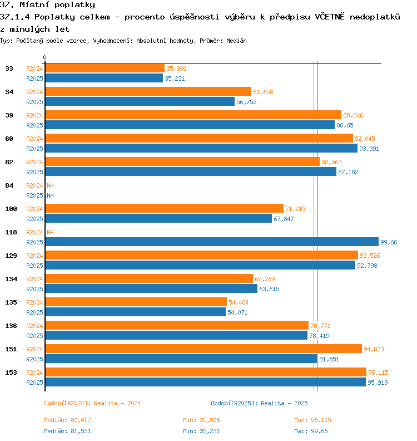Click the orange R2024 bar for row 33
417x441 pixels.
coord(105,68)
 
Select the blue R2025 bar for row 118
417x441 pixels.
coord(212,242)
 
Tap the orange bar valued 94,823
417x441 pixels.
coord(203,349)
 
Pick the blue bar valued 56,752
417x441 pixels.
coord(140,101)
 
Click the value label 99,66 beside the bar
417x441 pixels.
coord(389,242)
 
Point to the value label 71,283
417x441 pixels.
coord(295,209)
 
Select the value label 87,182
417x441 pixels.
coord(348,172)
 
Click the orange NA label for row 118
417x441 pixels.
coord(50,232)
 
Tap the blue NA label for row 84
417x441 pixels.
coord(50,195)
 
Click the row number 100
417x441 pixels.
coord(11,209)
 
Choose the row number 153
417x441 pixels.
coord(11,373)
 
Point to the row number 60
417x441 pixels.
coord(9,139)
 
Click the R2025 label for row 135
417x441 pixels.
coord(34,312)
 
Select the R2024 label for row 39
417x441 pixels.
coord(34,115)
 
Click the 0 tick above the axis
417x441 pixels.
coord(44,57)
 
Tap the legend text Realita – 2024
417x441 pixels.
coord(117,403)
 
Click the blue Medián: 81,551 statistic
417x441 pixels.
coord(67,431)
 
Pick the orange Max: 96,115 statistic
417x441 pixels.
coord(312,420)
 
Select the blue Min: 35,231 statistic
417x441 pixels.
coord(201,431)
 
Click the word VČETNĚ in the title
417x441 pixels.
coord(329,17)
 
